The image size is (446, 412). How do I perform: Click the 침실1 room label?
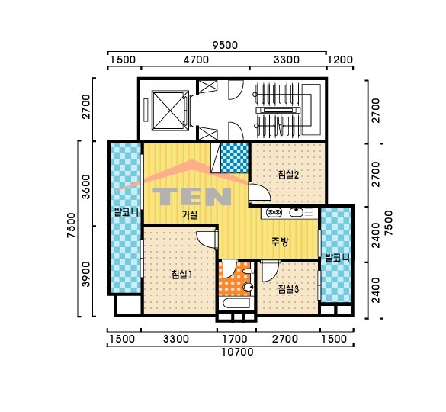click(x=182, y=275)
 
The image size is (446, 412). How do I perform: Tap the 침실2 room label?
click(x=288, y=174)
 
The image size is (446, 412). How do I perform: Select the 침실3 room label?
click(x=288, y=289)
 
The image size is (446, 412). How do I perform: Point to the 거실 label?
click(x=189, y=214)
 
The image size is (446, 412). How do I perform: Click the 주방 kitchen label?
click(x=280, y=242)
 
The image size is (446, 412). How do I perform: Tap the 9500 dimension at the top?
click(x=225, y=45)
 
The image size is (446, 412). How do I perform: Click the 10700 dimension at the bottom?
click(x=237, y=352)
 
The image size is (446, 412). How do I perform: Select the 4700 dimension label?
click(x=196, y=60)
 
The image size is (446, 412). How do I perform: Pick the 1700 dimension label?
click(x=235, y=339)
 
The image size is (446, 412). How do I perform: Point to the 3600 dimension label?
click(x=85, y=187)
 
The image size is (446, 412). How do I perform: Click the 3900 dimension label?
click(x=85, y=274)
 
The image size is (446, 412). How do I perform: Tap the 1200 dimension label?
click(x=340, y=60)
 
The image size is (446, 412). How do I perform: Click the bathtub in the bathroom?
click(x=236, y=303)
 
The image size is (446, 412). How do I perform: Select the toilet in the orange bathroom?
click(x=249, y=286)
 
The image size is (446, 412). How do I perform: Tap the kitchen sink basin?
click(x=297, y=212)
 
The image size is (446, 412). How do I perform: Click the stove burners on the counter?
click(x=274, y=212)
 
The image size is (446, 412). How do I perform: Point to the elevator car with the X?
click(x=170, y=110)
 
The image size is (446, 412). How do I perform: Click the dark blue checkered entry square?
click(x=235, y=158)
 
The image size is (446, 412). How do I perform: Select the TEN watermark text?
click(x=192, y=196)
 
